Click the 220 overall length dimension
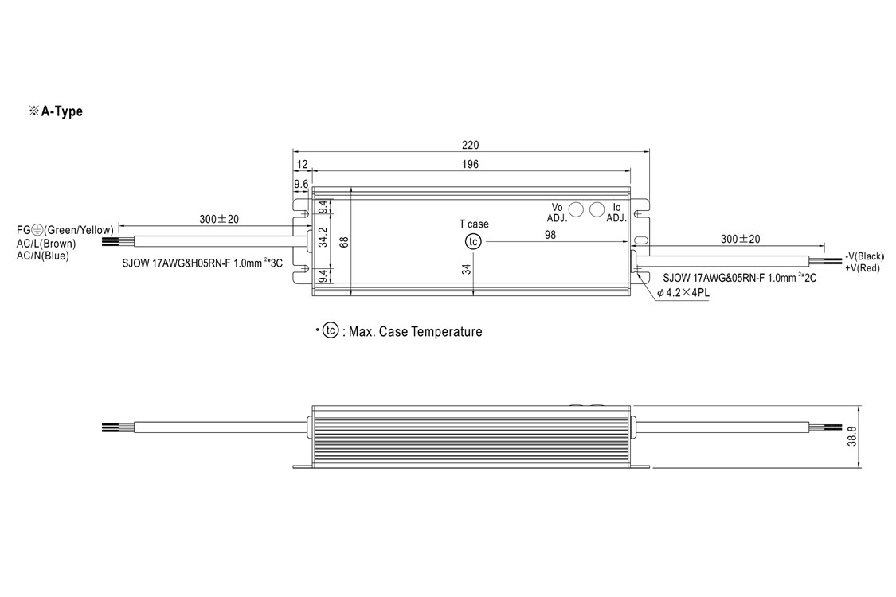[x=470, y=145]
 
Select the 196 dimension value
[x=469, y=165]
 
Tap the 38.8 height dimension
[x=852, y=436]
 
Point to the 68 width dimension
[x=343, y=242]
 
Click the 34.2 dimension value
[x=323, y=237]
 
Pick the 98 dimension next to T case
[x=550, y=235]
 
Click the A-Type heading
[x=56, y=111]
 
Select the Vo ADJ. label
[x=557, y=213]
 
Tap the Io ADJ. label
[x=616, y=213]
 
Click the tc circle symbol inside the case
[x=473, y=242]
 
